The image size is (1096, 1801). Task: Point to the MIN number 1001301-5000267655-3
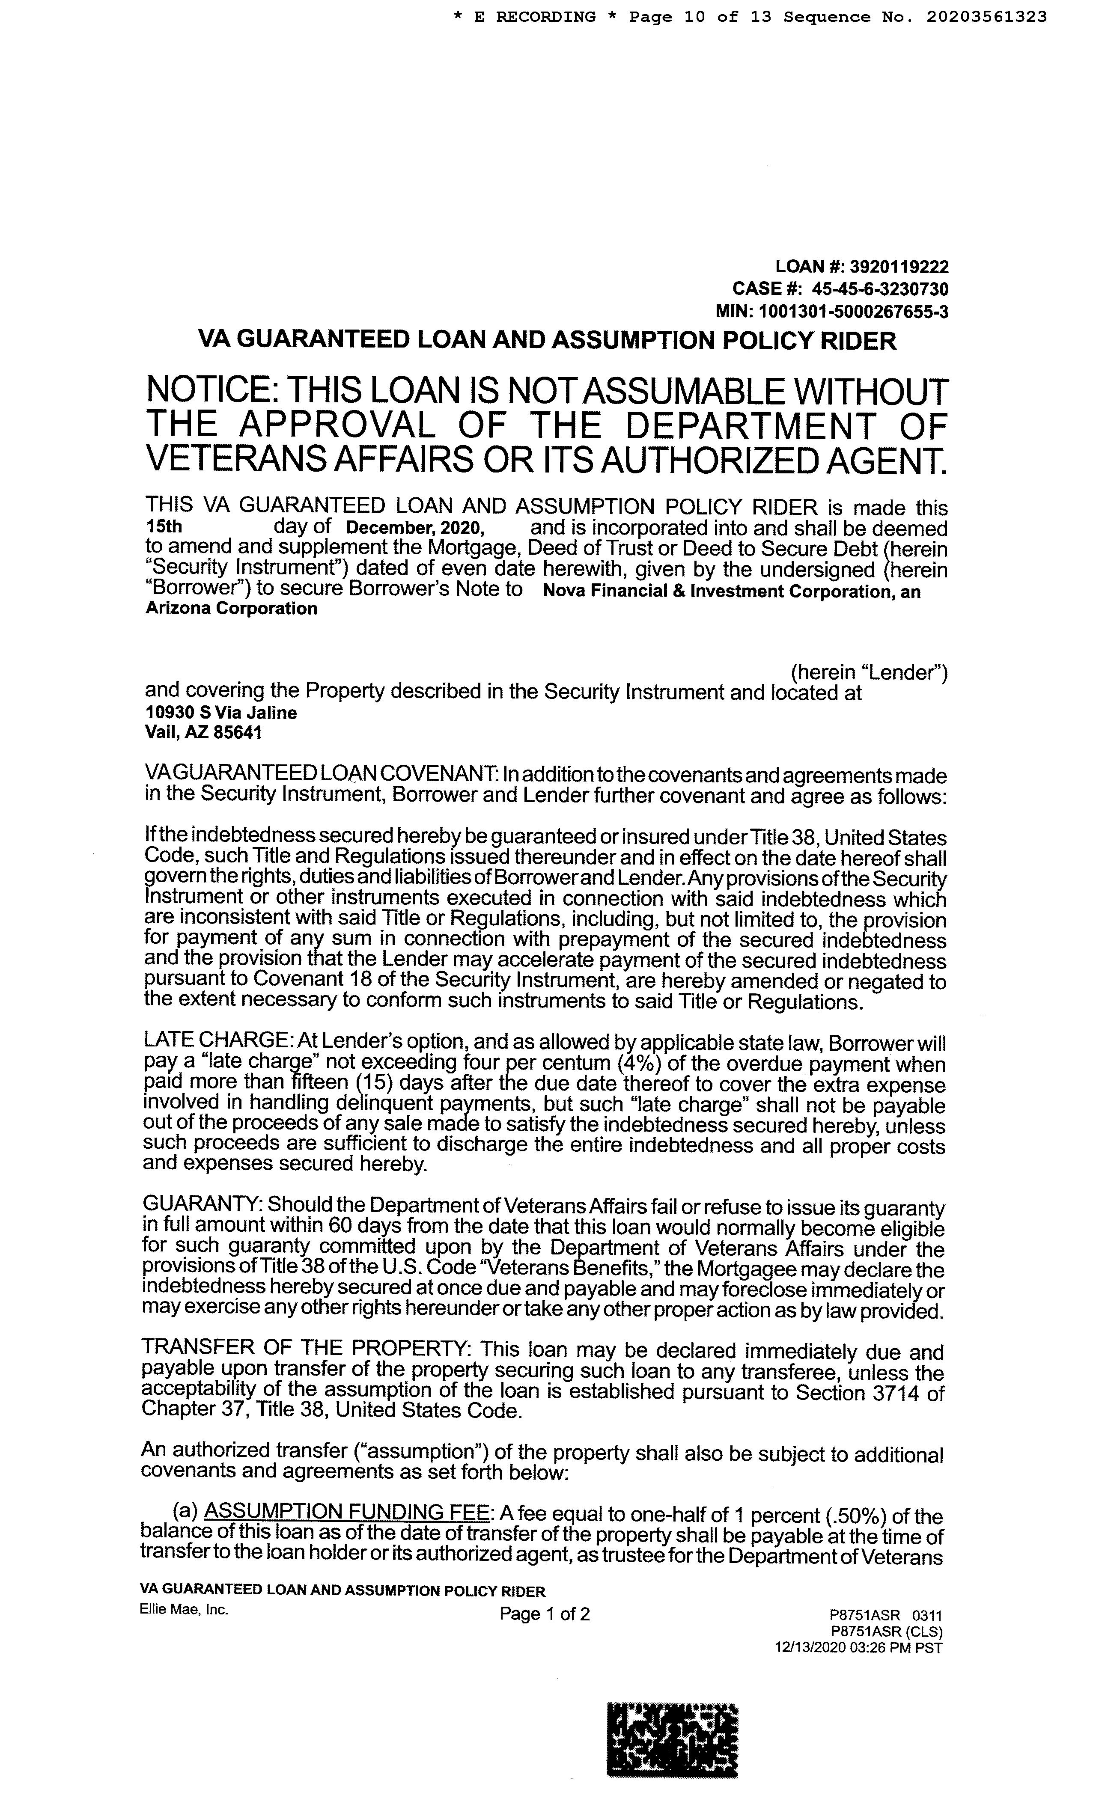[x=853, y=312]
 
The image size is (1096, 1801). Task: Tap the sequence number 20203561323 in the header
[x=986, y=17]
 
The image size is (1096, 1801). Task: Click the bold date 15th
[x=164, y=527]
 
